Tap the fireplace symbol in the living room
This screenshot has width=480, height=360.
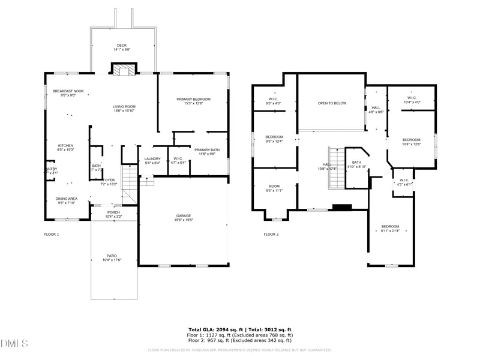[124, 70]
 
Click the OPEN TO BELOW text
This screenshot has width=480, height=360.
[332, 103]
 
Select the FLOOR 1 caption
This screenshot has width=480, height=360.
[52, 234]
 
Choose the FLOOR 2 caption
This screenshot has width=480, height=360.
[271, 234]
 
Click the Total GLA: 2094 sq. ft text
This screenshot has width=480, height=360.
[215, 330]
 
